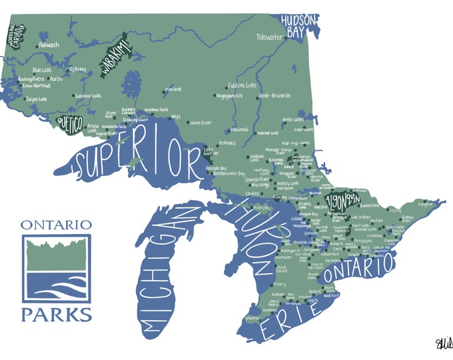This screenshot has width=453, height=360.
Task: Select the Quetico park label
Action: coord(69,123)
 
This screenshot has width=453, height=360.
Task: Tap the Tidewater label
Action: coord(270,37)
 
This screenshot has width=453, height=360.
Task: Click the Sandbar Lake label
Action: coord(87,95)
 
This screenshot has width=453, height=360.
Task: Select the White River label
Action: coord(201,123)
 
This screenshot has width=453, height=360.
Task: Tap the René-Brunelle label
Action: coord(274,95)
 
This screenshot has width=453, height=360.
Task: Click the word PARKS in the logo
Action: coord(56,313)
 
